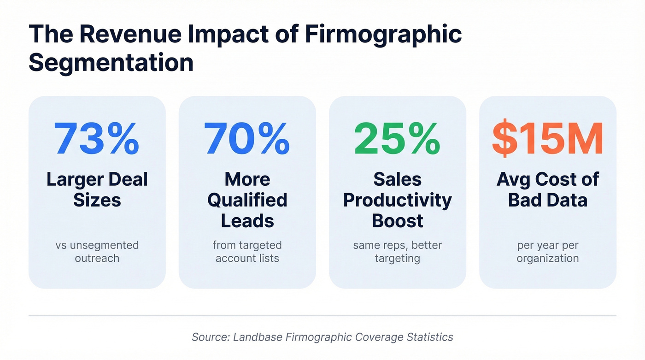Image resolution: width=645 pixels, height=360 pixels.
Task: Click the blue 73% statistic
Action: pos(97,139)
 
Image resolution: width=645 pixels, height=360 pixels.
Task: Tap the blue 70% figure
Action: pos(247,139)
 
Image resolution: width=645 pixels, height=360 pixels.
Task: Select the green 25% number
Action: pos(397,139)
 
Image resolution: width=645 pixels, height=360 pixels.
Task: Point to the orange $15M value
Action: pos(547,139)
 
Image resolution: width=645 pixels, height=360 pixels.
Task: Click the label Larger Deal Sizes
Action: pos(97,189)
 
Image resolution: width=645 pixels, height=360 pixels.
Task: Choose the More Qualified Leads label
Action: pos(247,200)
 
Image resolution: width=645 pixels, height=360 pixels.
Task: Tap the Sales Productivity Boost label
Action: pos(397,200)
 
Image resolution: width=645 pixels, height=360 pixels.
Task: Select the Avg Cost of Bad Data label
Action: pos(547,189)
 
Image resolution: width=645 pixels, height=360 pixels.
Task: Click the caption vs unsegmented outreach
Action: pos(97,252)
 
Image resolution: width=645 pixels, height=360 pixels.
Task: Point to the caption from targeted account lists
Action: pos(247,252)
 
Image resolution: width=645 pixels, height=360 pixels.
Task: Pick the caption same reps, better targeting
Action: pos(397,252)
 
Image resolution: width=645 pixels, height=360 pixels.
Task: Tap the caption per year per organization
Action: pos(547,252)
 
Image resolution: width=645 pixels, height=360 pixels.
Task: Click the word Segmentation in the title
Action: pos(111,62)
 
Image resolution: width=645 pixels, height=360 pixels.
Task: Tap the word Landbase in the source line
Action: pos(258,337)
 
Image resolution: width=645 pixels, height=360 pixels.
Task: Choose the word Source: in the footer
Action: pos(211,337)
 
